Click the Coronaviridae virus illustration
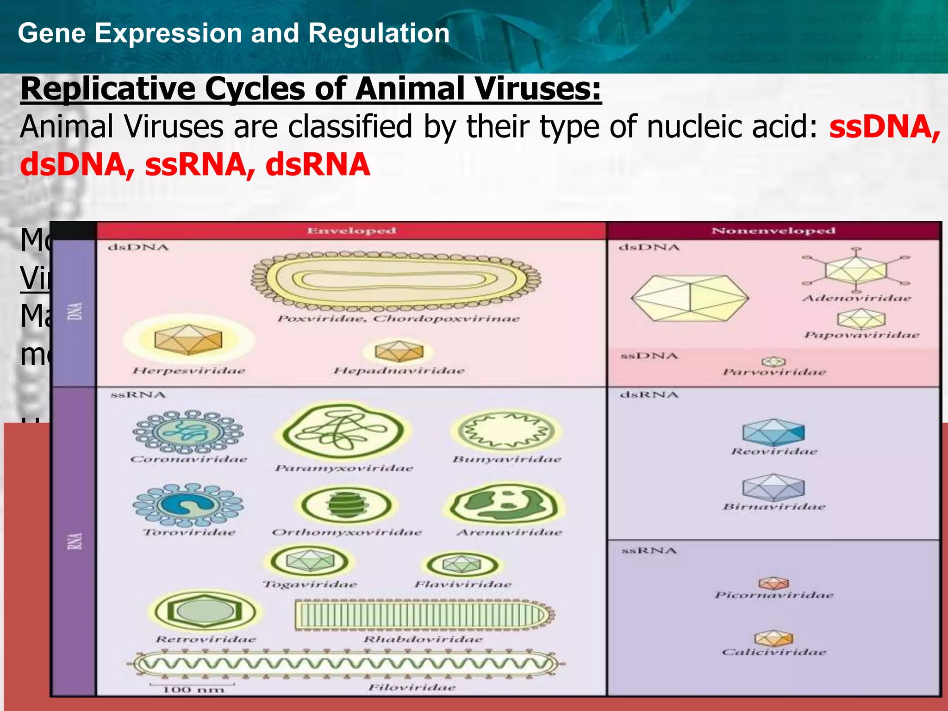click(188, 431)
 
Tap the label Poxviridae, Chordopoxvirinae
click(399, 319)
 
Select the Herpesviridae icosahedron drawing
click(188, 340)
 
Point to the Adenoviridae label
click(856, 298)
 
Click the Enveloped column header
click(351, 231)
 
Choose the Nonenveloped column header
click(773, 231)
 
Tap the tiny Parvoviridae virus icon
click(774, 362)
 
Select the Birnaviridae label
click(774, 507)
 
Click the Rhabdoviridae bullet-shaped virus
click(424, 615)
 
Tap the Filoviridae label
click(412, 687)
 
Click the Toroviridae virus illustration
click(188, 505)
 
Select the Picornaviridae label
click(773, 595)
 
